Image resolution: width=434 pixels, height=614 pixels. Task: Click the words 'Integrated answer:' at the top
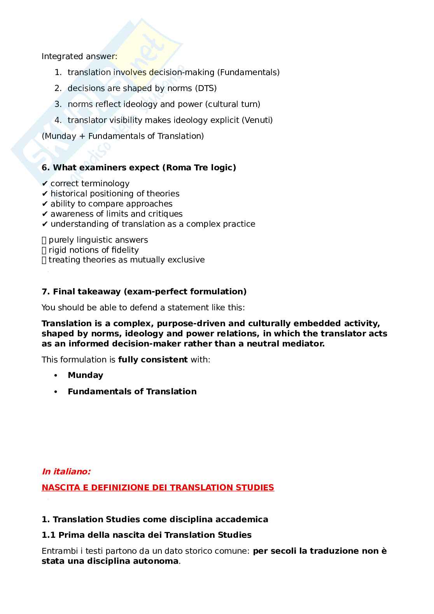(x=79, y=56)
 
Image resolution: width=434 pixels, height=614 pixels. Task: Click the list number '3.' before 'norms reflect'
(x=58, y=104)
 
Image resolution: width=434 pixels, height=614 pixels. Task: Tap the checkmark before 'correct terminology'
(x=45, y=184)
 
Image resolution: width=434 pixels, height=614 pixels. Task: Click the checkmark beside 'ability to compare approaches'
(x=45, y=204)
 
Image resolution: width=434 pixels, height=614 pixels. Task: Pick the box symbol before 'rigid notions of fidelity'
(x=44, y=250)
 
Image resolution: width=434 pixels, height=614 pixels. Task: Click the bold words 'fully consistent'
(x=153, y=360)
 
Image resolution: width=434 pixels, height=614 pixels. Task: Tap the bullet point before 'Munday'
(x=56, y=376)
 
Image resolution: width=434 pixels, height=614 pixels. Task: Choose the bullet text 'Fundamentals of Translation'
(x=132, y=392)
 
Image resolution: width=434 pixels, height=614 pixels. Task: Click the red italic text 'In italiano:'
(x=66, y=472)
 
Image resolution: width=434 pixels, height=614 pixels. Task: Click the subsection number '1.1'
(x=49, y=535)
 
